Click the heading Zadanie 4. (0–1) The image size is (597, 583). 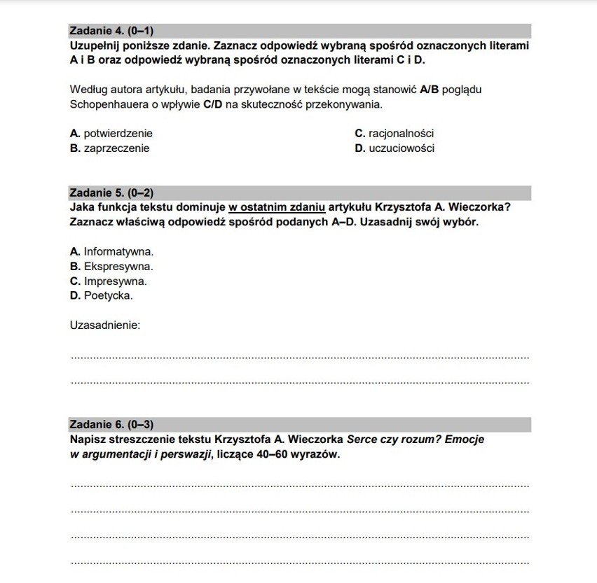(x=111, y=31)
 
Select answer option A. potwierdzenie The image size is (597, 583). (x=111, y=133)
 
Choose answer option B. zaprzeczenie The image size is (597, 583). (x=110, y=148)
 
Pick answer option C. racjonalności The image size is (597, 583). (x=394, y=133)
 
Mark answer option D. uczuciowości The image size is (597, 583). (x=394, y=148)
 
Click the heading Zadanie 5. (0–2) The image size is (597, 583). (x=111, y=192)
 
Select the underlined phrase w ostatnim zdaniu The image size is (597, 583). (x=277, y=207)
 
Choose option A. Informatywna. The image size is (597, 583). (x=111, y=251)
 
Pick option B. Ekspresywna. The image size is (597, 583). (x=111, y=267)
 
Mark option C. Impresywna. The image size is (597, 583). (x=109, y=281)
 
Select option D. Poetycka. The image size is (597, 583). (x=102, y=296)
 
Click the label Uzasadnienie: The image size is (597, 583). (x=105, y=325)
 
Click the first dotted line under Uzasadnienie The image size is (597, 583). (x=300, y=358)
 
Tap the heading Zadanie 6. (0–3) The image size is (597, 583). (x=111, y=424)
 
